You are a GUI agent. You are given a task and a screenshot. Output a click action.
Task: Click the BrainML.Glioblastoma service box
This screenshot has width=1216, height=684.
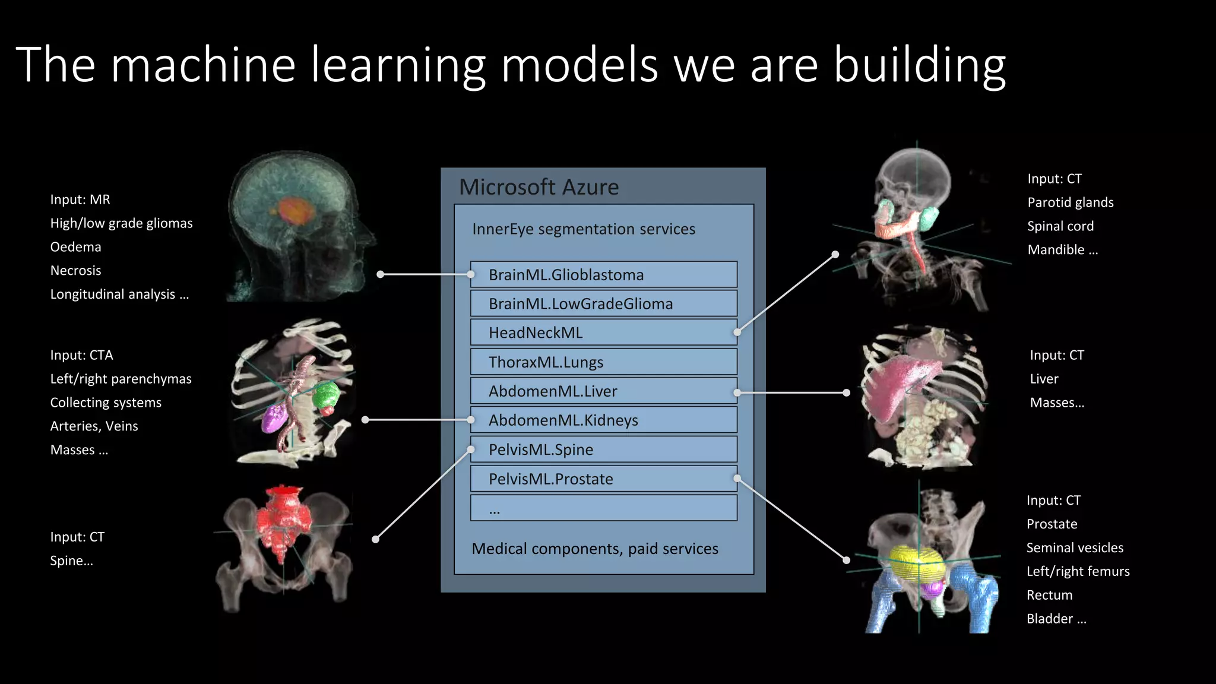pos(603,274)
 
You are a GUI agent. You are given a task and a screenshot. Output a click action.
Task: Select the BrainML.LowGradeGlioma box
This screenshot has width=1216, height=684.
pos(603,303)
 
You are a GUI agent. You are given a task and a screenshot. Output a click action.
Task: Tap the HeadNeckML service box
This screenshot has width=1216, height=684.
pos(603,332)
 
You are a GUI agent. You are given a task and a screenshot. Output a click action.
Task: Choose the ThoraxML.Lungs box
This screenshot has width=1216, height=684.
pos(603,362)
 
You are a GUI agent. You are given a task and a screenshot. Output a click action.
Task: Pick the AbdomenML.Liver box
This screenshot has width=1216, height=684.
pos(603,391)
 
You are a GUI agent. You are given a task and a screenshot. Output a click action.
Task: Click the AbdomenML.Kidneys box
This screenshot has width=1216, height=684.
pos(603,420)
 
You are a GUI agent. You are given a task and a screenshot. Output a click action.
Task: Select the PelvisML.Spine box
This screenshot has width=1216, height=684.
pos(603,449)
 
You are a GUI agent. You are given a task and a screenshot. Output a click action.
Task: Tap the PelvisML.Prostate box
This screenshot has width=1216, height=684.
pos(603,479)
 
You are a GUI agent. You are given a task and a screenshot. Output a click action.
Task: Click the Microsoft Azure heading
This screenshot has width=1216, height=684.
pos(539,187)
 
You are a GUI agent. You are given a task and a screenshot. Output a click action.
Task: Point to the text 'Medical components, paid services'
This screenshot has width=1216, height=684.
pos(594,549)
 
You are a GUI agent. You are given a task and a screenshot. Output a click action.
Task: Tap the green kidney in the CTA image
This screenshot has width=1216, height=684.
pos(325,395)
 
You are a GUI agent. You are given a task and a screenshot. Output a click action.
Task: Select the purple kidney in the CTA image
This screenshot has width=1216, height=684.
pos(273,417)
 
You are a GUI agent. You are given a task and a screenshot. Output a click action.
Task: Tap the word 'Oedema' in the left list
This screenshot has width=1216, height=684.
pos(75,247)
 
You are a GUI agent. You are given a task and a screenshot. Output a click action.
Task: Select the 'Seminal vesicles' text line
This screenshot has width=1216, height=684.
pos(1075,547)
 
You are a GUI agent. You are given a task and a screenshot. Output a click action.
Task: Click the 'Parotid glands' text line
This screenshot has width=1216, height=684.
pos(1070,202)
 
